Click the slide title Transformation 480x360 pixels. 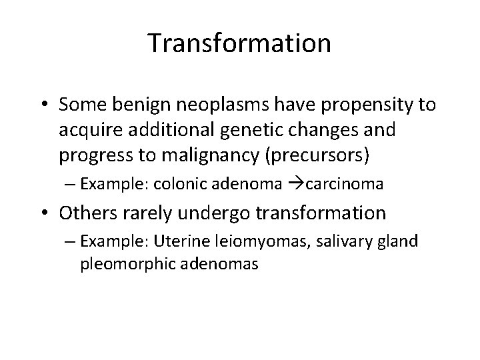[239, 44]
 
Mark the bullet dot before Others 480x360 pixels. [44, 213]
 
